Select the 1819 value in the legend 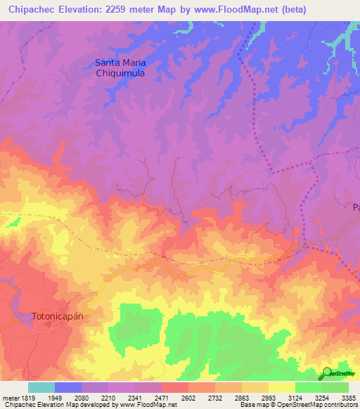25,397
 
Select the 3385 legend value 349,397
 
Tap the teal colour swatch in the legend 41,387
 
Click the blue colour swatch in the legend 68,387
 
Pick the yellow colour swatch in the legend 282,387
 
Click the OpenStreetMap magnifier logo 328,372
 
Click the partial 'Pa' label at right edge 355,207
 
